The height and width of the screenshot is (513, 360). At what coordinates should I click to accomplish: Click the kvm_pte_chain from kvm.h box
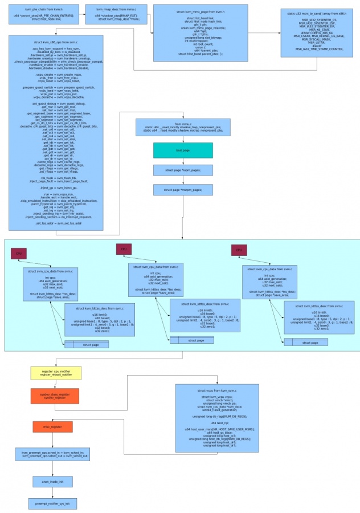pyautogui.click(x=43, y=14)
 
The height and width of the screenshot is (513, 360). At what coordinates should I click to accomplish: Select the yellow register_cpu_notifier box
pyautogui.click(x=55, y=373)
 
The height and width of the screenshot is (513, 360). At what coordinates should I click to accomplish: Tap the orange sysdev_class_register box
pyautogui.click(x=55, y=396)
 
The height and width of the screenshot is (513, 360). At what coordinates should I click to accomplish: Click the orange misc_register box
pyautogui.click(x=52, y=426)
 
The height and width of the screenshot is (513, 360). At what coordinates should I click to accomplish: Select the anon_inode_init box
pyautogui.click(x=52, y=482)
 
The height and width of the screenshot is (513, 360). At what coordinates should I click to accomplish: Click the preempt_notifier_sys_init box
pyautogui.click(x=52, y=504)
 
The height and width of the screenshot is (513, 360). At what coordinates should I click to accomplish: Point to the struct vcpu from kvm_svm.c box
pyautogui.click(x=216, y=418)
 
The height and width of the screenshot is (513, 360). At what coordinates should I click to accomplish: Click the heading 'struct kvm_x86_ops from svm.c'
pyautogui.click(x=56, y=42)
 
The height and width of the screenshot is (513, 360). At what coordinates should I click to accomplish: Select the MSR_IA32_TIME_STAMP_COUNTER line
pyautogui.click(x=318, y=49)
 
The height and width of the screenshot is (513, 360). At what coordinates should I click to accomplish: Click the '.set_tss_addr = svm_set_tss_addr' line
pyautogui.click(x=56, y=223)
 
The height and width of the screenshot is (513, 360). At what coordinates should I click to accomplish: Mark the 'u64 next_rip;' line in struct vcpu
pyautogui.click(x=216, y=423)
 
